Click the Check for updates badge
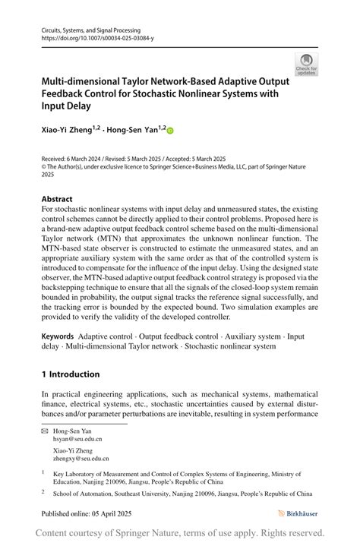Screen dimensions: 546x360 (x=307, y=65)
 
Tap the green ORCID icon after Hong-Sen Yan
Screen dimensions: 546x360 (x=170, y=131)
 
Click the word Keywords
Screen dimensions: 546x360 (x=58, y=336)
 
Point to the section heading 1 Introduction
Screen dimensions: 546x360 (x=71, y=374)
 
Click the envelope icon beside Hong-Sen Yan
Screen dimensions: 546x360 (x=45, y=431)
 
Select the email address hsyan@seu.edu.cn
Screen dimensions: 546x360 (x=77, y=439)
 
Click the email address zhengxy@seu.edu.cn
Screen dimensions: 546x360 (x=81, y=458)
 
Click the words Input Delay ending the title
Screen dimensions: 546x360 (x=66, y=106)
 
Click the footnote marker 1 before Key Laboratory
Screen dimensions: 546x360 (x=44, y=472)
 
